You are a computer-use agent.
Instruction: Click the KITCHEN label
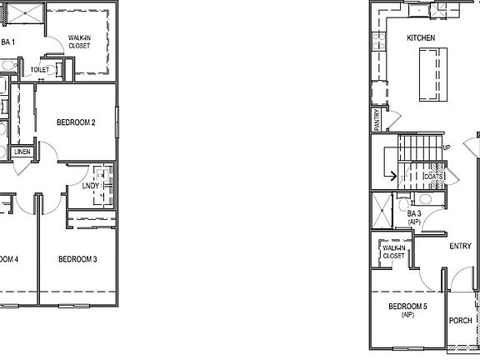click(421, 38)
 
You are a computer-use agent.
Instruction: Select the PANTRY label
click(377, 121)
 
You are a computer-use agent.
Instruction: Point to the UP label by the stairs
click(447, 147)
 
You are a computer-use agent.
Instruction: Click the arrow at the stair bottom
click(390, 175)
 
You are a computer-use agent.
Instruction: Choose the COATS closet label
click(433, 177)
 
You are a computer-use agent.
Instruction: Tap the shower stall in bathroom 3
click(380, 210)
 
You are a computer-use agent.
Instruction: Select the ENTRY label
click(460, 246)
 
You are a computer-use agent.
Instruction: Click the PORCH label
click(461, 321)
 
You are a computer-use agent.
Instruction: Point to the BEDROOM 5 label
click(407, 310)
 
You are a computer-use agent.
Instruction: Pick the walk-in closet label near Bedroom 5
click(393, 252)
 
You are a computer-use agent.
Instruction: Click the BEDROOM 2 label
click(76, 122)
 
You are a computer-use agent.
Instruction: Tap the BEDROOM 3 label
click(77, 259)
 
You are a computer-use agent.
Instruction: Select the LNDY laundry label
click(92, 185)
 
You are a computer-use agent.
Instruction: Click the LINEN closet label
click(22, 152)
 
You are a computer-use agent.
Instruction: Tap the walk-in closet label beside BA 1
click(79, 42)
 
